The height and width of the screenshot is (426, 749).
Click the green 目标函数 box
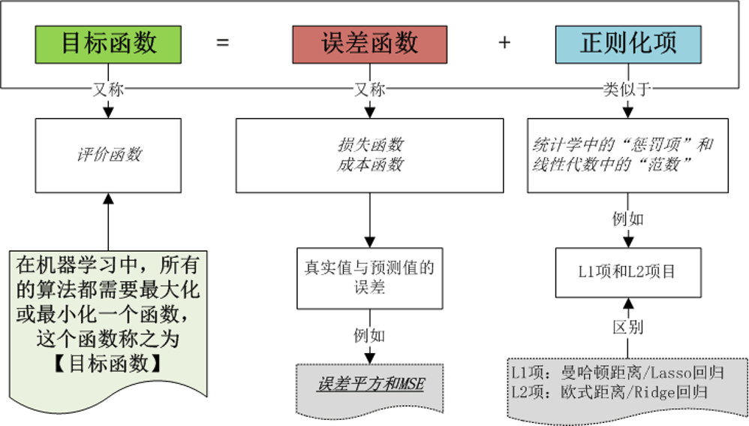(109, 44)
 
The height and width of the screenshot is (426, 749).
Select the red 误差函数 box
(369, 44)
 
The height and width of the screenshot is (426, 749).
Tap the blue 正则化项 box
(628, 44)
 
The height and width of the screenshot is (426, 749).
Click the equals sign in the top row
(222, 44)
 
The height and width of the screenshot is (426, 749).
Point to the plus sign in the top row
(504, 44)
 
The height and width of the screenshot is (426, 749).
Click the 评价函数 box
(109, 156)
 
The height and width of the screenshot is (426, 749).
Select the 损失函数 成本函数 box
(369, 155)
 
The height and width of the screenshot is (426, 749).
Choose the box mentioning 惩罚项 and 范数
(627, 155)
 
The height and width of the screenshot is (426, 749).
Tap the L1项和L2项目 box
(627, 271)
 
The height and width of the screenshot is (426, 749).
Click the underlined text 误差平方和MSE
(370, 385)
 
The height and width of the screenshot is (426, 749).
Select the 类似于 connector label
(627, 89)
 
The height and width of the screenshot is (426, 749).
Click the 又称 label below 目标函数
(108, 89)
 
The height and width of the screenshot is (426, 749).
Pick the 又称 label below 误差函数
(369, 89)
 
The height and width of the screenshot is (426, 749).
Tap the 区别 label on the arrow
(627, 328)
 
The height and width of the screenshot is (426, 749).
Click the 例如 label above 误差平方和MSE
(369, 334)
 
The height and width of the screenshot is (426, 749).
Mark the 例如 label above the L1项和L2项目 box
(627, 219)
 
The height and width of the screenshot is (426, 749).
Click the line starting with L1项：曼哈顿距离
(606, 373)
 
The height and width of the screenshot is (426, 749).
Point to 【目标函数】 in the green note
(108, 363)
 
